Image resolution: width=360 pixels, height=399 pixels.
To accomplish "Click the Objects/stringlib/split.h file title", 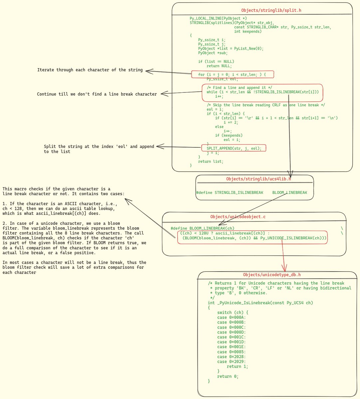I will [271, 10].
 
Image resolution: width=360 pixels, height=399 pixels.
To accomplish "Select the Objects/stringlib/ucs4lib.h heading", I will [259, 179].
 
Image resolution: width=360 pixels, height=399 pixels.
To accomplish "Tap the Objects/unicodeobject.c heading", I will [238, 217].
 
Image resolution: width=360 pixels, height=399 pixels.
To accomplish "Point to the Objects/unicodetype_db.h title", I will [272, 275].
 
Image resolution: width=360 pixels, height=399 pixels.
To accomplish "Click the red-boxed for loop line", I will [232, 74].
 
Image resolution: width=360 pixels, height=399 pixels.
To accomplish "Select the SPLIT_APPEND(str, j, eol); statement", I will [234, 148].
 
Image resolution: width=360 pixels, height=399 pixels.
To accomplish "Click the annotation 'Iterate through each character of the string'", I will [90, 70].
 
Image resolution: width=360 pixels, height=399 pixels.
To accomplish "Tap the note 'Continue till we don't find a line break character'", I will [97, 94].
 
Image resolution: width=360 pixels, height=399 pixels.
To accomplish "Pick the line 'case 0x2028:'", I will [232, 357].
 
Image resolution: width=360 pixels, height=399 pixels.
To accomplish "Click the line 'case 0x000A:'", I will [232, 318].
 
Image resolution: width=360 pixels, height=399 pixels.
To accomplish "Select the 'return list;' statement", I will [211, 161].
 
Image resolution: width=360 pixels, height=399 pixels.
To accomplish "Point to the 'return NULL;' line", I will [219, 66].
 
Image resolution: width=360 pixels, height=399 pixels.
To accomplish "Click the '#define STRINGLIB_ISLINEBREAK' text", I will [230, 193].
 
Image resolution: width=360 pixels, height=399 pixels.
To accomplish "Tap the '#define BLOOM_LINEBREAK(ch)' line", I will [202, 228].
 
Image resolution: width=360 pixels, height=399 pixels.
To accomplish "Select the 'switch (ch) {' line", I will [233, 313].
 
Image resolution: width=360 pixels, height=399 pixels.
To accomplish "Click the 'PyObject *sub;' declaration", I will [213, 53].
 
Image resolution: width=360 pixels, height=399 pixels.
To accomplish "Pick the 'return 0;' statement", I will [228, 376].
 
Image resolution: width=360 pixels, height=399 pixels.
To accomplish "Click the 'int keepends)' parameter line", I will [248, 31].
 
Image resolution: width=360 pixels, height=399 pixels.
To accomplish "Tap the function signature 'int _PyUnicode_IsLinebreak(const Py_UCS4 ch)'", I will [260, 303].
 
